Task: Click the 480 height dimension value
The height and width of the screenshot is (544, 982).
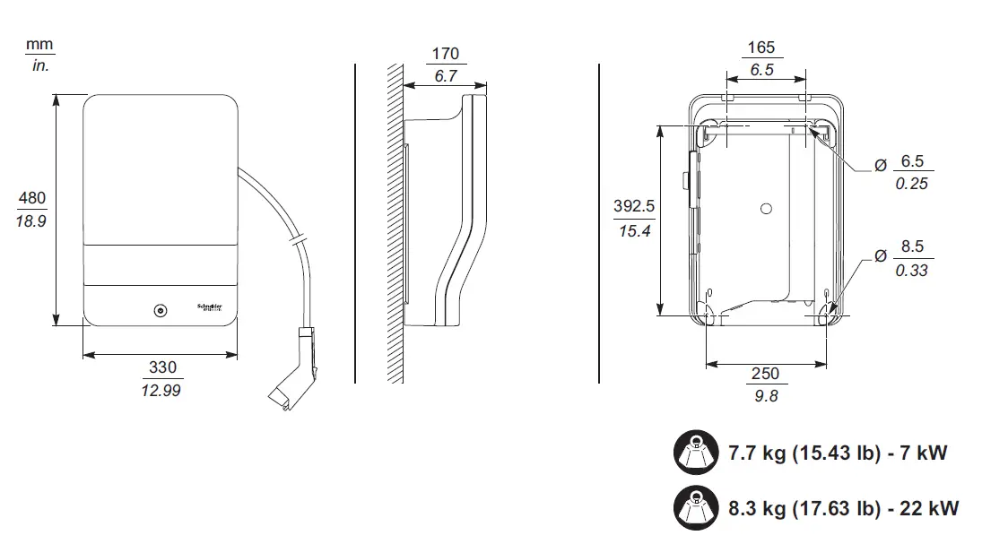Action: (x=31, y=198)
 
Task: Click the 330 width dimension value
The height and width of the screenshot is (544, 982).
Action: (x=162, y=367)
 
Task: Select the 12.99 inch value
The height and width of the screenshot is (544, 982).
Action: (x=162, y=391)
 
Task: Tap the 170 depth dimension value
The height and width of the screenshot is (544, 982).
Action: (x=445, y=54)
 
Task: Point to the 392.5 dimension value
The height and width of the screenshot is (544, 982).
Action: (x=633, y=206)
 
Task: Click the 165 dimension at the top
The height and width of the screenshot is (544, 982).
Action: (x=760, y=47)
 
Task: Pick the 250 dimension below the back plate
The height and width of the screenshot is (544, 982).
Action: (x=765, y=374)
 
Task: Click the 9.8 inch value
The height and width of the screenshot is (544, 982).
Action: (x=766, y=396)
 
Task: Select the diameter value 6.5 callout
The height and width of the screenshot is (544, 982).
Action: (x=911, y=161)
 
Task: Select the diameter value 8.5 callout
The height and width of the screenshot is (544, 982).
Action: (x=911, y=247)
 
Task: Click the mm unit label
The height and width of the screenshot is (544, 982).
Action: (x=39, y=44)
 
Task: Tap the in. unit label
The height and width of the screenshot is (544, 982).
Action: (x=39, y=65)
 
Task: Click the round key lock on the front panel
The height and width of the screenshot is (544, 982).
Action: (x=160, y=311)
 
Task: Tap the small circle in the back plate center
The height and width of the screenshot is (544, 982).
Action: (x=765, y=208)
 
